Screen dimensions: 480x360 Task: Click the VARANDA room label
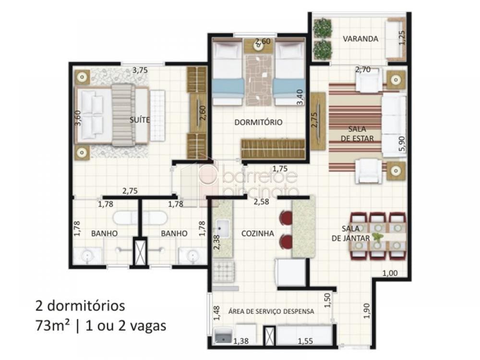360,39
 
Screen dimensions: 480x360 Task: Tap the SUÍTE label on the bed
140,120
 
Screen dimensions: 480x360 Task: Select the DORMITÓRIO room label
258,122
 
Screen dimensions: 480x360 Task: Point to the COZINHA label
257,234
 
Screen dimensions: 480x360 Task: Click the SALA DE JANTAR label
351,233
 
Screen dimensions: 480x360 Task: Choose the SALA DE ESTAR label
357,134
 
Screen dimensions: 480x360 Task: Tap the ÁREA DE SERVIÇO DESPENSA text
271,312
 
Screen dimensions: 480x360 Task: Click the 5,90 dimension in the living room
402,144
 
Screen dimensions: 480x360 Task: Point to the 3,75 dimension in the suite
140,70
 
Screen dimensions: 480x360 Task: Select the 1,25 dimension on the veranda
402,38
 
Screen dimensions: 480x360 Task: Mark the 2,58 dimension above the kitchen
262,202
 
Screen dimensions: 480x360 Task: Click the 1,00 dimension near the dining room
390,273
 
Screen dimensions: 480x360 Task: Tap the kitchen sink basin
223,228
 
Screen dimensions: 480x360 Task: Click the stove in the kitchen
224,272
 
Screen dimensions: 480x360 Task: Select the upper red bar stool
286,217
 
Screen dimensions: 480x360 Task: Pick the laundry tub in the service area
224,336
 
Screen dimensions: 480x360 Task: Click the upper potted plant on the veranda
323,27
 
